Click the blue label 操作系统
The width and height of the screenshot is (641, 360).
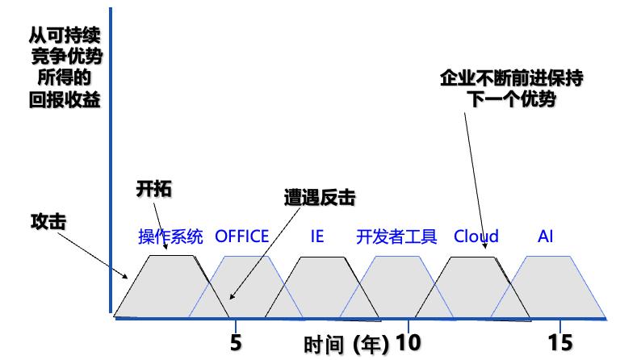coord(171,237)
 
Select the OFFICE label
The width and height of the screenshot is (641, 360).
coord(242,237)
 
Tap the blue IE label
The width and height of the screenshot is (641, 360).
coord(316,237)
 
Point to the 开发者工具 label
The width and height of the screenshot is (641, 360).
coord(396,237)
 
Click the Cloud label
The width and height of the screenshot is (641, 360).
coord(476,237)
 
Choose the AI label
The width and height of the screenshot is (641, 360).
coord(546,237)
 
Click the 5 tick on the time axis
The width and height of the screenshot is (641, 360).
coord(236,342)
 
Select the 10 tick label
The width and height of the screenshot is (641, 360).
coord(408,342)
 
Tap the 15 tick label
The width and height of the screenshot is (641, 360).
coord(559,342)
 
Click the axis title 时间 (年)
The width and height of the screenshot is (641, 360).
coord(346,345)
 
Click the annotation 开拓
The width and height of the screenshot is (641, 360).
coord(153,190)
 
